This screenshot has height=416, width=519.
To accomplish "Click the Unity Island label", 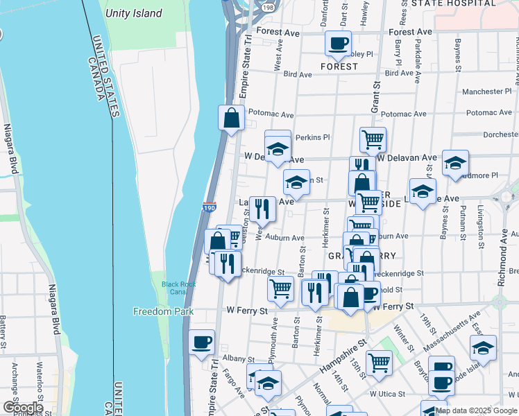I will (134, 13).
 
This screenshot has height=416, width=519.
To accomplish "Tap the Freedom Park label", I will (164, 312).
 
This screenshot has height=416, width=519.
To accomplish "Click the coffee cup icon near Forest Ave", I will (338, 43).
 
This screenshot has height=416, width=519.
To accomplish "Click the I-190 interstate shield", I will (209, 207).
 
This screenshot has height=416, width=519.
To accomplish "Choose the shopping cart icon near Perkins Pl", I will (373, 139).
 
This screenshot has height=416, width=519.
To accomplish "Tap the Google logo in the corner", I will (23, 408).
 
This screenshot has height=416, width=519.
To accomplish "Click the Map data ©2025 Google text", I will (476, 410).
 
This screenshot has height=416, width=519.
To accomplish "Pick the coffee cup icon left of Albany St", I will (202, 342).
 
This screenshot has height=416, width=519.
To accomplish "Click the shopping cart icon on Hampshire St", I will (379, 361).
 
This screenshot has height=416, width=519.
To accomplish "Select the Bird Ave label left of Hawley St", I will (298, 73).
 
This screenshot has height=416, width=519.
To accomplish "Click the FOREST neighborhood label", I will (339, 67).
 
